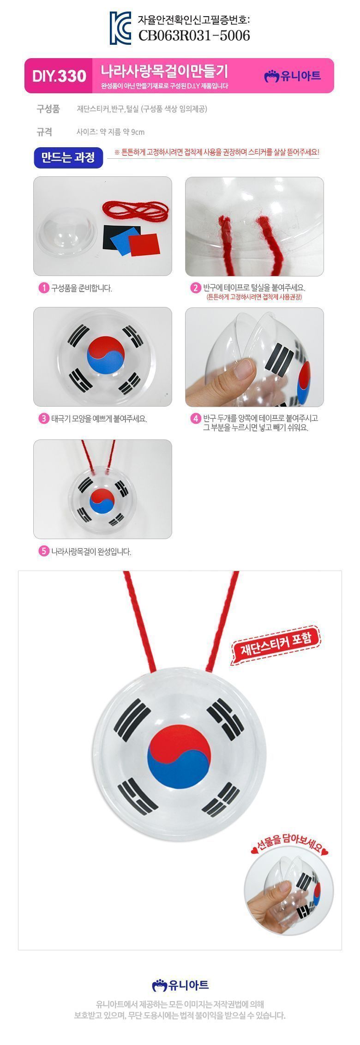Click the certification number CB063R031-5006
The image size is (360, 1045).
pyautogui.click(x=194, y=35)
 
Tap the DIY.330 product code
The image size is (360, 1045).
pyautogui.click(x=59, y=76)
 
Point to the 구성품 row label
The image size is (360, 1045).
pyautogui.click(x=48, y=109)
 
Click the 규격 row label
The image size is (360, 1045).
pyautogui.click(x=44, y=132)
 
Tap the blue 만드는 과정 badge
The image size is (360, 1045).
pyautogui.click(x=68, y=158)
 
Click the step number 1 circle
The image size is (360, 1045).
pyautogui.click(x=43, y=288)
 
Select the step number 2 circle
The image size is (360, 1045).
pyautogui.click(x=196, y=288)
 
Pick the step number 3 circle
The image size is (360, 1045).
pyautogui.click(x=43, y=419)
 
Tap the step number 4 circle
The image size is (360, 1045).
pyautogui.click(x=196, y=419)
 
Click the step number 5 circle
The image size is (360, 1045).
pyautogui.click(x=43, y=551)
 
